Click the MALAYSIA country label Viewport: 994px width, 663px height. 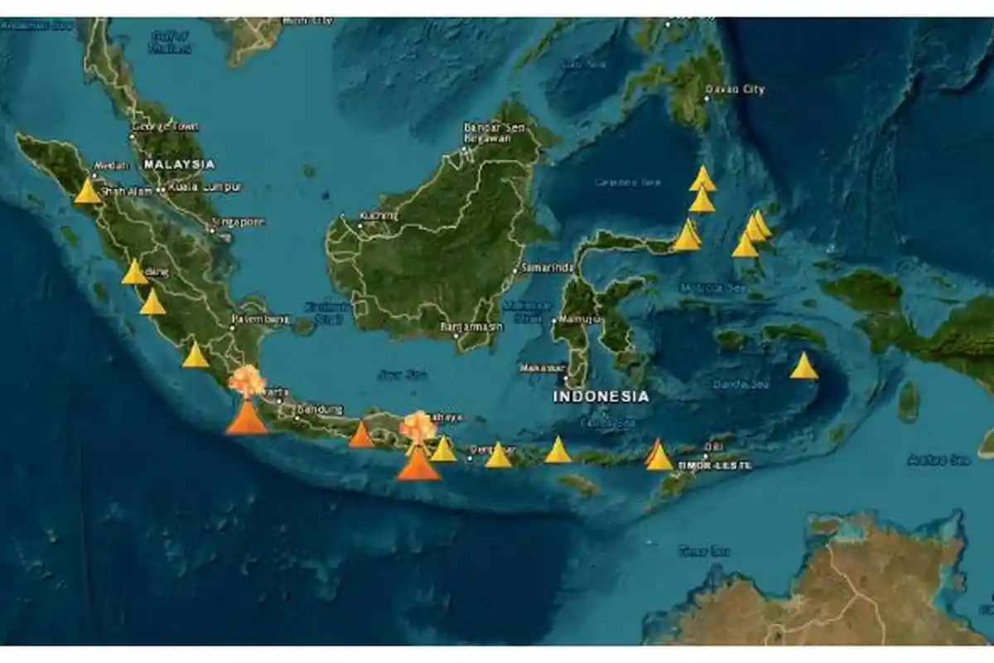click(179, 164)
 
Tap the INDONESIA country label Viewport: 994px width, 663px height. click(601, 397)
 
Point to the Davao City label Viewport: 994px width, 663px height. click(735, 90)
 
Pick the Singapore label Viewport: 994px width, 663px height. click(239, 221)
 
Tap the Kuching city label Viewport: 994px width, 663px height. click(379, 216)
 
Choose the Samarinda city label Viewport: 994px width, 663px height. click(547, 268)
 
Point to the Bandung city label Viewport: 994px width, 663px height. click(319, 409)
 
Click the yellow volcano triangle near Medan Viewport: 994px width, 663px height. click(87, 191)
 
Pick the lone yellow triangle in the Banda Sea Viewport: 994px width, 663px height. click(803, 366)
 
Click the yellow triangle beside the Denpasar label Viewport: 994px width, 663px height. click(498, 456)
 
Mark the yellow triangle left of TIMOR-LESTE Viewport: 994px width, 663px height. click(659, 457)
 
